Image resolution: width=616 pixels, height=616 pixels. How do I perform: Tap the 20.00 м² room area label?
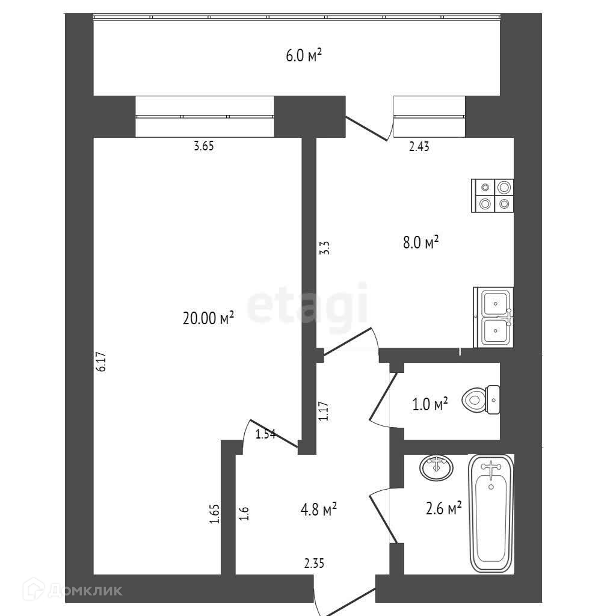(x=208, y=319)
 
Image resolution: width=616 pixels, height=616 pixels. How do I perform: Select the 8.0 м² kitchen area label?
(x=419, y=242)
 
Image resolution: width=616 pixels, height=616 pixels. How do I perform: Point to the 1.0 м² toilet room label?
(x=430, y=404)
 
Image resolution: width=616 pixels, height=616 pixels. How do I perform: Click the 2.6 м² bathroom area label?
(x=443, y=509)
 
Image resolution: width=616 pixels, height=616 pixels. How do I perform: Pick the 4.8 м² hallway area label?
(x=318, y=510)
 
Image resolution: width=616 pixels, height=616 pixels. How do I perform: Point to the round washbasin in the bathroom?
(x=436, y=467)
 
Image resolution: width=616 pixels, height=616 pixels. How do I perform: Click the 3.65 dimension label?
(x=204, y=146)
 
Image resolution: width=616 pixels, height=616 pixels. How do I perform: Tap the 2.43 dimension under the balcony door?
(x=419, y=146)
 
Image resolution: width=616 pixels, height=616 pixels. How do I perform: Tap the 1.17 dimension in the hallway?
(x=323, y=411)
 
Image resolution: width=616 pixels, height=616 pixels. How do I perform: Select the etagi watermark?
(x=307, y=307)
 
